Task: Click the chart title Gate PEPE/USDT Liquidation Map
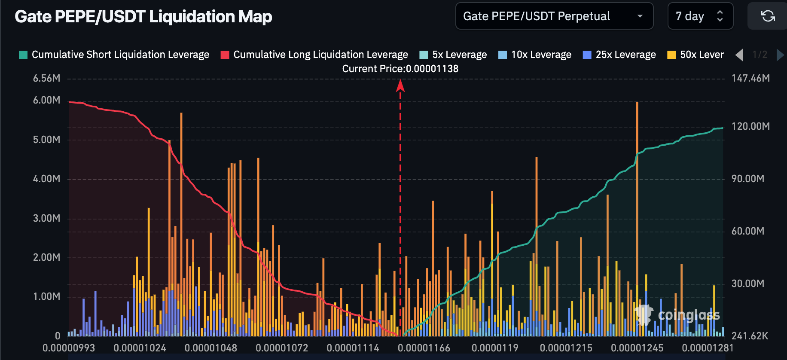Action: point(143,17)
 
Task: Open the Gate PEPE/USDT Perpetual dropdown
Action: point(554,16)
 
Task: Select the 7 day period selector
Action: point(700,16)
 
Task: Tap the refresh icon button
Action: point(768,16)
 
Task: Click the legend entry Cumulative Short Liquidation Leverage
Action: point(114,55)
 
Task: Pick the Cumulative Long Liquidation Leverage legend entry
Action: point(314,55)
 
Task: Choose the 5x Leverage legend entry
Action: point(453,55)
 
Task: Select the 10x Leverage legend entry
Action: point(535,55)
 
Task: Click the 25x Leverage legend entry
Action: point(619,55)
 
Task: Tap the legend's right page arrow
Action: point(780,55)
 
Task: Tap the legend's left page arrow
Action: point(739,55)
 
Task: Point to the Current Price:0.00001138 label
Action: point(400,69)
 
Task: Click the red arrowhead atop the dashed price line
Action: point(400,86)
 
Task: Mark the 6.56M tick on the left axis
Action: point(46,78)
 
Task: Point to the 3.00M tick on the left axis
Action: point(46,218)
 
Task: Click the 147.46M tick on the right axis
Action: point(750,78)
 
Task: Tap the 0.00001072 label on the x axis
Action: point(282,348)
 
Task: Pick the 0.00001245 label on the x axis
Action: point(637,348)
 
